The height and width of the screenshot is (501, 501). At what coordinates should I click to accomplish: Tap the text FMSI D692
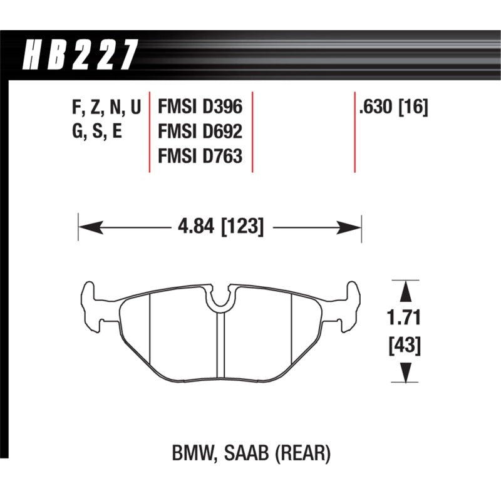(199, 132)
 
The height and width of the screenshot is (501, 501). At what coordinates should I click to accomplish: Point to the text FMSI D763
(199, 157)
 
